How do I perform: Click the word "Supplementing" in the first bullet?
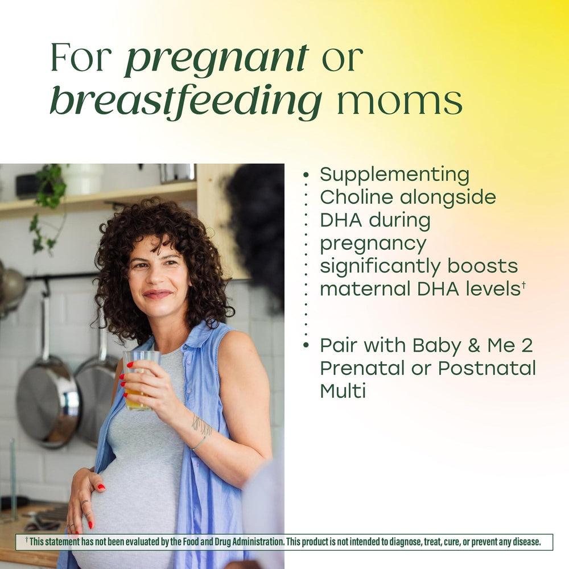395,175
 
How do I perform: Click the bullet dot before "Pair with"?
306,345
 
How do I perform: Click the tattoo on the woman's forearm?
201,424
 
